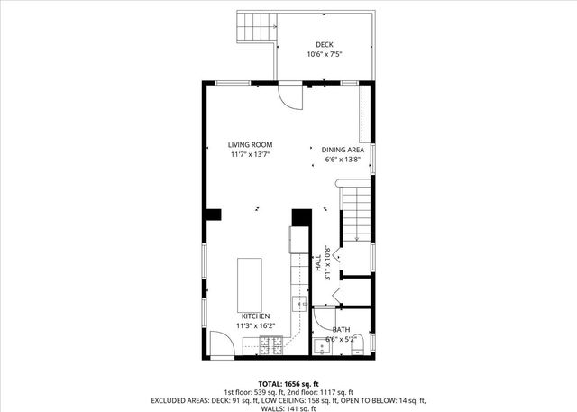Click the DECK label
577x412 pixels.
[x=325, y=44]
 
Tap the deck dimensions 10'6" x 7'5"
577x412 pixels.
[x=325, y=55]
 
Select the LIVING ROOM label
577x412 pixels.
[x=250, y=144]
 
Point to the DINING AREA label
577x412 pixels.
[x=343, y=150]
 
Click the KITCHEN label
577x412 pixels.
[x=254, y=316]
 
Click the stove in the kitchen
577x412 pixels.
[x=270, y=343]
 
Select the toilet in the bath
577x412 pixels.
[x=358, y=343]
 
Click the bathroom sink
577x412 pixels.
[x=324, y=344]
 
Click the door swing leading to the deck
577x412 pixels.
[x=289, y=95]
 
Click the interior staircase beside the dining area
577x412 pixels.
[x=356, y=211]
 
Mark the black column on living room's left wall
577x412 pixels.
[x=213, y=215]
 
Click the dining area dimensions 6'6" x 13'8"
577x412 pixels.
[x=343, y=160]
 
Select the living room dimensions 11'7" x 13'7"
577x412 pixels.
[x=250, y=154]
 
